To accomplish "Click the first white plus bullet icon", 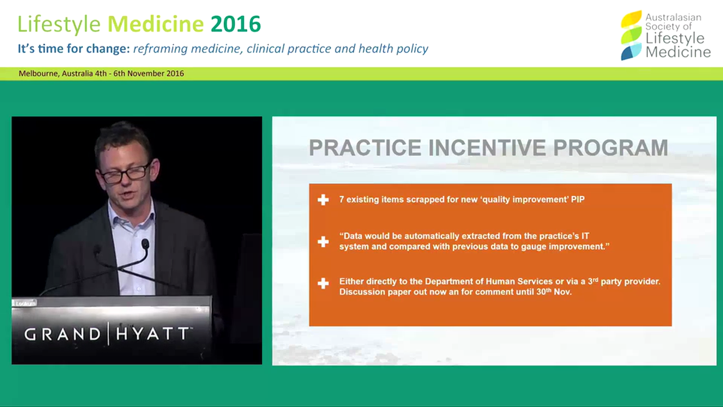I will [x=323, y=200].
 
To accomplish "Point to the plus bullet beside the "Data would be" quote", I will [x=323, y=241].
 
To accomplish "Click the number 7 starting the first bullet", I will [x=342, y=200].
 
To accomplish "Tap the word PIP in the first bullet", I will [x=576, y=200].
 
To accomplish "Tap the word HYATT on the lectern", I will [x=153, y=334].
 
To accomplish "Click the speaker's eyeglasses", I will [x=125, y=172].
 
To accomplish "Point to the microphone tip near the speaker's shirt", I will [x=145, y=244].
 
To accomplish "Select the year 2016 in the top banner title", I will [x=236, y=24].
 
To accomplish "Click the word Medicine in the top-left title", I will [x=155, y=24].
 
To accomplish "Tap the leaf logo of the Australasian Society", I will [x=631, y=35].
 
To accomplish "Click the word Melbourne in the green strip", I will [x=38, y=73].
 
